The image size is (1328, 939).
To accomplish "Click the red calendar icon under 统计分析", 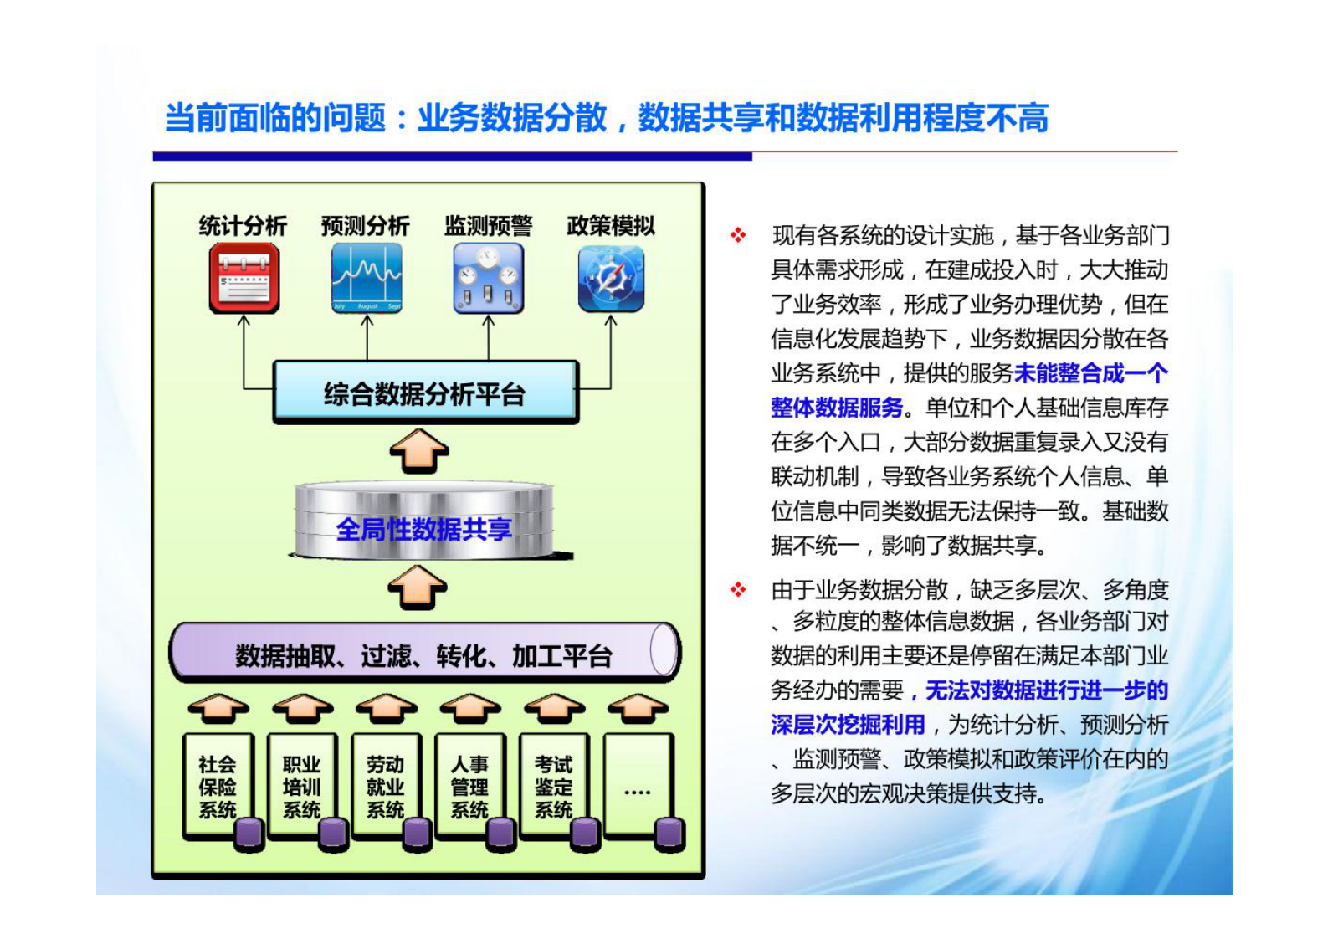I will click(x=244, y=278).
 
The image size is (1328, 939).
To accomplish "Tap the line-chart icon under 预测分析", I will click(x=366, y=278).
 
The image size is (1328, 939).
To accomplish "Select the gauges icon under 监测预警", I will click(x=489, y=278).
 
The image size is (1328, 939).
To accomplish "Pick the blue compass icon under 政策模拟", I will click(x=611, y=278).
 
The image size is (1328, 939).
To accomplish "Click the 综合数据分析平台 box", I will click(x=425, y=392).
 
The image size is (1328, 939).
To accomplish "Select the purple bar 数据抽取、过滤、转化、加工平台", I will click(x=423, y=652).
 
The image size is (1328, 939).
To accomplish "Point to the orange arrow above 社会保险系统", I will click(x=218, y=708).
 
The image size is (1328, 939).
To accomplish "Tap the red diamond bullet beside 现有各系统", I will click(x=738, y=235).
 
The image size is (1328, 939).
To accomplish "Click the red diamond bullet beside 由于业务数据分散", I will click(x=738, y=589).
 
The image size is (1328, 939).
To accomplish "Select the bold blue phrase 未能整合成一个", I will click(x=1090, y=373).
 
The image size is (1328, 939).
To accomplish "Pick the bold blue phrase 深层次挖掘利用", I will click(x=848, y=725).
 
